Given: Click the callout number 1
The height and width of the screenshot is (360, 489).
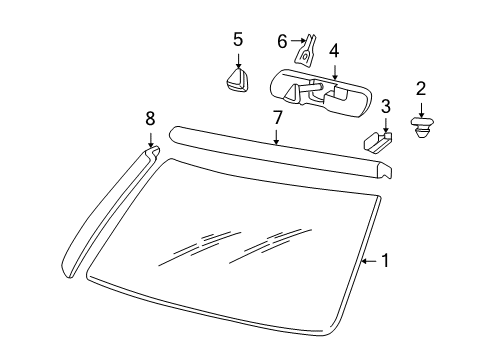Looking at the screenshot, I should click(385, 261).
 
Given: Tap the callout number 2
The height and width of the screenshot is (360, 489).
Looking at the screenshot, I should click(421, 88).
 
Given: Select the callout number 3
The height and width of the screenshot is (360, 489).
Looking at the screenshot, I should click(385, 106).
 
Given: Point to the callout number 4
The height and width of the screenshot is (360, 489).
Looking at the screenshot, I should click(334, 49).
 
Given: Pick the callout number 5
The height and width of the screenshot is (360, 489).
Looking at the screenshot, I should click(238, 40).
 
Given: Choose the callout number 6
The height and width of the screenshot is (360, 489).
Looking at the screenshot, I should click(282, 41).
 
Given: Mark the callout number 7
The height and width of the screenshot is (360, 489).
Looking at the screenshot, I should click(278, 118).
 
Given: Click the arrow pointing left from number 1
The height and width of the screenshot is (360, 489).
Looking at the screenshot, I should click(367, 261).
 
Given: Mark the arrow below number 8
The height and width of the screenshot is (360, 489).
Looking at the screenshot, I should click(151, 142).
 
